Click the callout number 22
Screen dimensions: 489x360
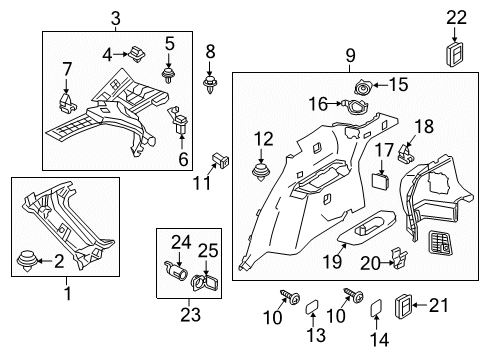(x=456, y=17)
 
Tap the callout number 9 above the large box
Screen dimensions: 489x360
(x=350, y=55)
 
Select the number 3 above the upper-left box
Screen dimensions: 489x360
(x=115, y=18)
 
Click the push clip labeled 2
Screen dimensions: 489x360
(x=27, y=261)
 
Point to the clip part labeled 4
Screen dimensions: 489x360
(x=137, y=54)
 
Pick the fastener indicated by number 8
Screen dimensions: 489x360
(x=210, y=85)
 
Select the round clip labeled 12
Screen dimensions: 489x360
(x=260, y=172)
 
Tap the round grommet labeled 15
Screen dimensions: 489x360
(x=362, y=88)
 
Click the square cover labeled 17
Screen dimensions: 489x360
(x=380, y=180)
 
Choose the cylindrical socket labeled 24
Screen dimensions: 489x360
(x=176, y=269)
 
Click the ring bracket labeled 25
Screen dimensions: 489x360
(x=204, y=283)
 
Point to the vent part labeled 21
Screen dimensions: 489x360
(x=403, y=306)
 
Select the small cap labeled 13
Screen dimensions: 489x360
(x=312, y=306)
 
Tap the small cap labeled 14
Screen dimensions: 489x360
(x=376, y=307)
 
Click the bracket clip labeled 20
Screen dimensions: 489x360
(x=399, y=258)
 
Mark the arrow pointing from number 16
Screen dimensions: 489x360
(x=334, y=104)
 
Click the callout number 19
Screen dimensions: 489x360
(x=332, y=261)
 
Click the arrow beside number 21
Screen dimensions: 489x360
(x=420, y=305)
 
